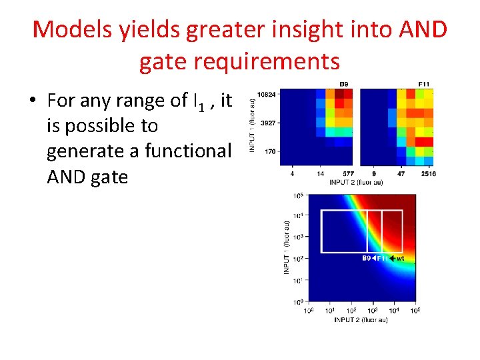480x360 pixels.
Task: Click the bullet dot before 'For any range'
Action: click(x=32, y=101)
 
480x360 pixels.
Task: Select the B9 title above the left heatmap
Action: click(x=345, y=84)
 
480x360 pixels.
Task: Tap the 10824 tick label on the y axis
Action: click(x=267, y=94)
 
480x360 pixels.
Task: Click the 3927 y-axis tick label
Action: click(x=268, y=123)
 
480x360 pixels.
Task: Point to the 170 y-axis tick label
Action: click(x=270, y=151)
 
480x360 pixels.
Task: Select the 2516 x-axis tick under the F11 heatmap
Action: click(x=427, y=173)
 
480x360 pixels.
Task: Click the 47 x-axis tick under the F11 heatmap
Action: click(x=401, y=173)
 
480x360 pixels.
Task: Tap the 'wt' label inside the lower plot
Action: click(x=400, y=258)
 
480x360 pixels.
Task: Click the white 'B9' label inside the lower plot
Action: click(x=366, y=258)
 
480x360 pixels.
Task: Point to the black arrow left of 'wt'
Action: click(x=392, y=258)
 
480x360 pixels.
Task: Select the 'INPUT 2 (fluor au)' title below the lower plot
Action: click(x=361, y=320)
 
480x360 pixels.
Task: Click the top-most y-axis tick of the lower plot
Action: click(x=298, y=196)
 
